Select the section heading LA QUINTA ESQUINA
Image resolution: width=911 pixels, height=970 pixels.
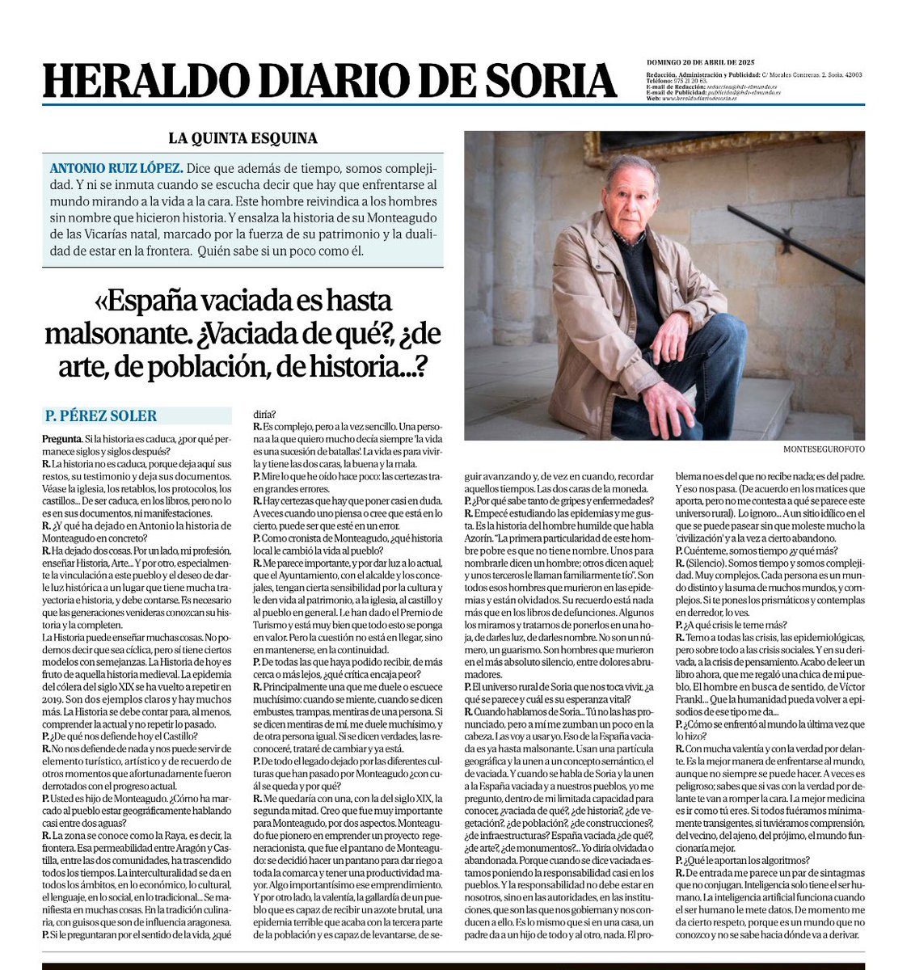click(243, 138)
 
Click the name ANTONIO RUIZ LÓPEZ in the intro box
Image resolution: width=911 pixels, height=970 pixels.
click(116, 169)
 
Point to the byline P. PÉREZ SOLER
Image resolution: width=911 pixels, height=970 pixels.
click(101, 416)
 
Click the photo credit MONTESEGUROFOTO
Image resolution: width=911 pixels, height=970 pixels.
click(823, 449)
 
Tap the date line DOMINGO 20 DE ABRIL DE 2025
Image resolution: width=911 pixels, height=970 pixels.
click(700, 62)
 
